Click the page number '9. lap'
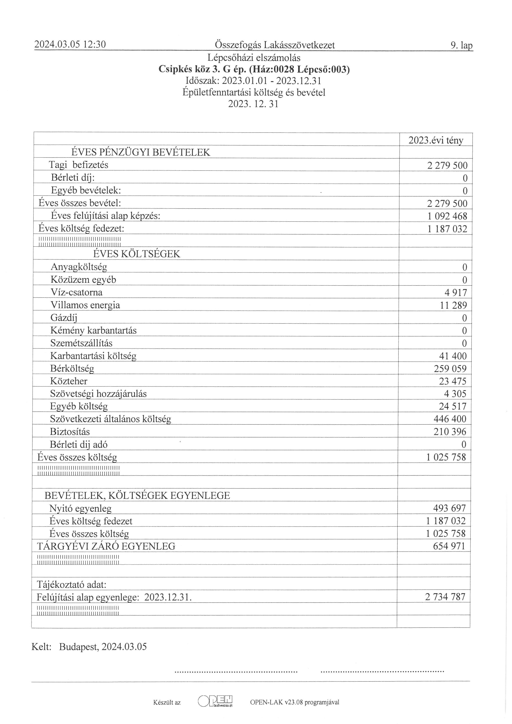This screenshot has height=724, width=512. coord(462,46)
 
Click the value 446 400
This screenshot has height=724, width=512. coord(450,419)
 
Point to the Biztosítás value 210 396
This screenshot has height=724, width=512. coord(450,432)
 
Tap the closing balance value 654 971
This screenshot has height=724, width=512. coord(449,546)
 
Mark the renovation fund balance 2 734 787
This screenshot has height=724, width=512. coord(445,597)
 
